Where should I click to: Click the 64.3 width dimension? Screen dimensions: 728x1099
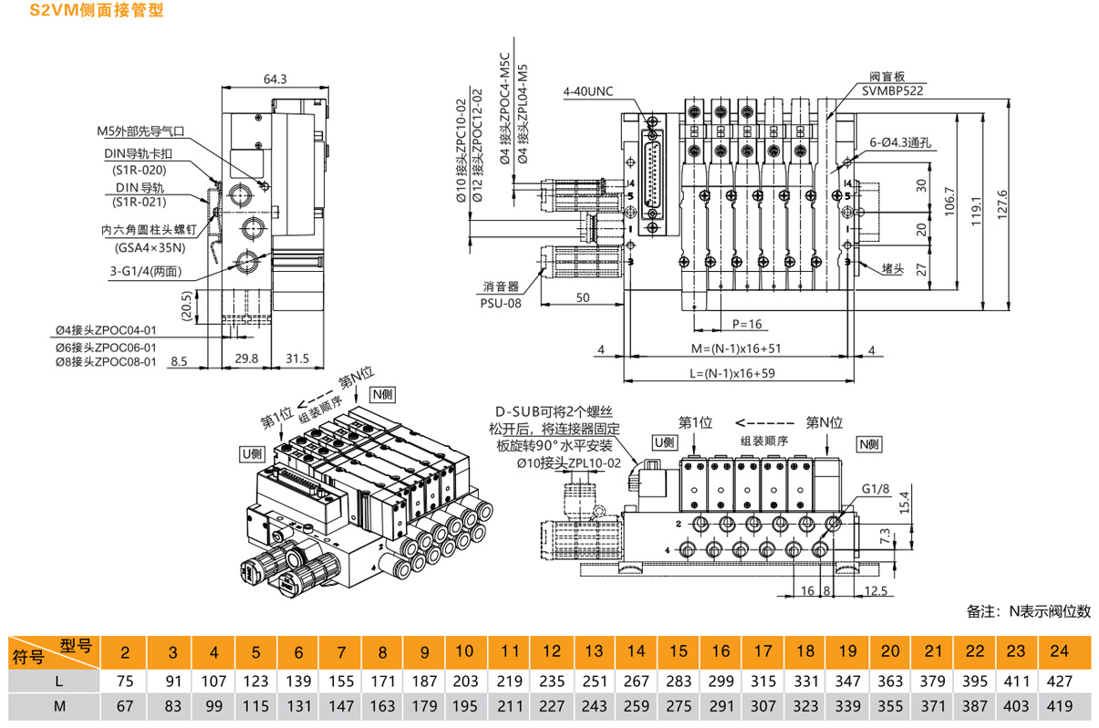pyautogui.click(x=275, y=79)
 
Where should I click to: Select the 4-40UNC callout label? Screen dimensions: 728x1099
pyautogui.click(x=589, y=92)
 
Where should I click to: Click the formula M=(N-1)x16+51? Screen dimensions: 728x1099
pyautogui.click(x=739, y=348)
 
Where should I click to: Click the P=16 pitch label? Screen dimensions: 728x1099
pyautogui.click(x=746, y=324)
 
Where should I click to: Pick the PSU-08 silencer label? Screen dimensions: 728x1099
pyautogui.click(x=501, y=302)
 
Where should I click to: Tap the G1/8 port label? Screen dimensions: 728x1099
pyautogui.click(x=876, y=489)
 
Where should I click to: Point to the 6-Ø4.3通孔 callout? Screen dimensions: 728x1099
pyautogui.click(x=897, y=143)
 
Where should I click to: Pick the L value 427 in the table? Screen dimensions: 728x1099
pyautogui.click(x=1059, y=681)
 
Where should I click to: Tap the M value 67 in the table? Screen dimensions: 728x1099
pyautogui.click(x=130, y=707)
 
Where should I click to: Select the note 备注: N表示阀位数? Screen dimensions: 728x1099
pyautogui.click(x=1028, y=611)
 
